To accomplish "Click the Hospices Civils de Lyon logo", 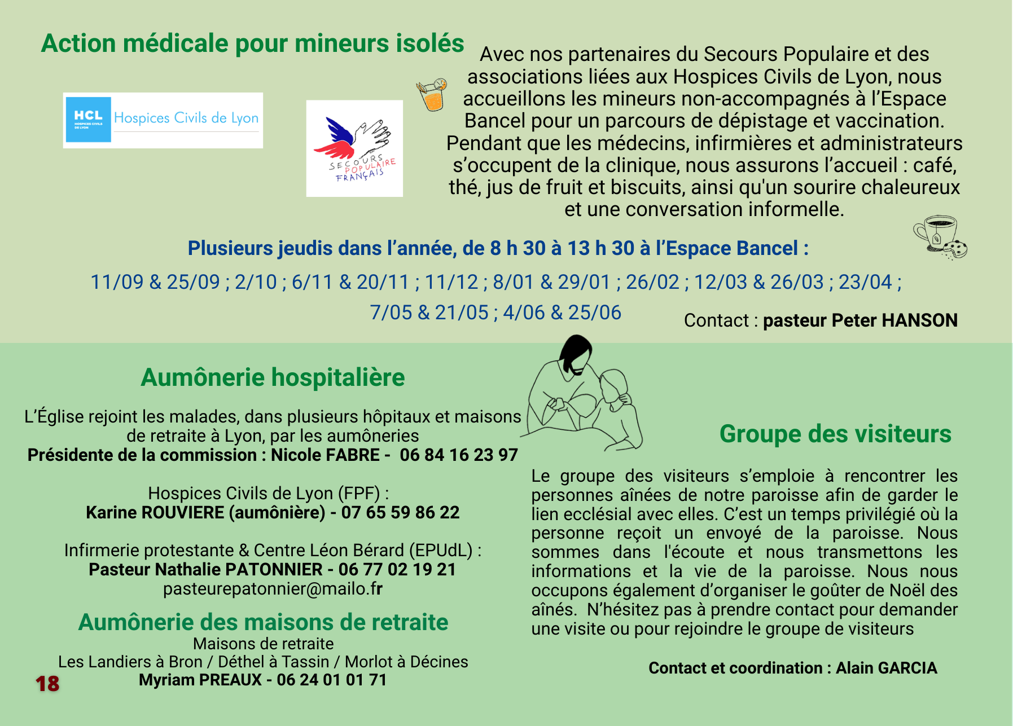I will (x=163, y=120).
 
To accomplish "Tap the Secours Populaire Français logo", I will (x=354, y=148).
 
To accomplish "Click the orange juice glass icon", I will (x=432, y=95).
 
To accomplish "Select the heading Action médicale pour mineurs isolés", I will (x=252, y=43).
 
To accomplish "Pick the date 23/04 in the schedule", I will (x=865, y=282).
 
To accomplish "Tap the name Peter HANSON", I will (x=894, y=320).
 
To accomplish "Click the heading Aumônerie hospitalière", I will (x=273, y=377).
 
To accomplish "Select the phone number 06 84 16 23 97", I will (x=458, y=455).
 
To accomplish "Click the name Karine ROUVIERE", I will (x=155, y=512).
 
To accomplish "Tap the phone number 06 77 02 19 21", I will (x=397, y=569).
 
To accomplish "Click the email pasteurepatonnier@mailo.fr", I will (x=273, y=588).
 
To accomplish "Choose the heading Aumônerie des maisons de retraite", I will (x=263, y=622).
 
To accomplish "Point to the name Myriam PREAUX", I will (x=200, y=680).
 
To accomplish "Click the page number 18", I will (x=47, y=684).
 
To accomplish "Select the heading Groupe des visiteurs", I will (x=835, y=434).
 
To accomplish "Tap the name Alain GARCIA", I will (x=886, y=668).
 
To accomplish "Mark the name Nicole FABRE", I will (x=325, y=455).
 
